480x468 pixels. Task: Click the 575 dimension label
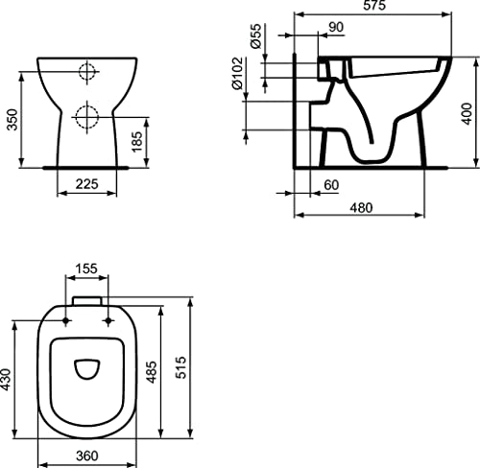[374, 5]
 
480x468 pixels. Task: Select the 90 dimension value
[336, 27]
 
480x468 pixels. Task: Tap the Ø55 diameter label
[256, 35]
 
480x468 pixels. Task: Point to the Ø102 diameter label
[237, 73]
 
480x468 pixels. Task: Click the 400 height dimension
[467, 113]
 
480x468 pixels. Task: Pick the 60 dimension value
[331, 185]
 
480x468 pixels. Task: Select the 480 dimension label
[361, 208]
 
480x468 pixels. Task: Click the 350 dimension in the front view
[12, 120]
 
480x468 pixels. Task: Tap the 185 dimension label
[136, 141]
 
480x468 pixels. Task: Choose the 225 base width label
[87, 184]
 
